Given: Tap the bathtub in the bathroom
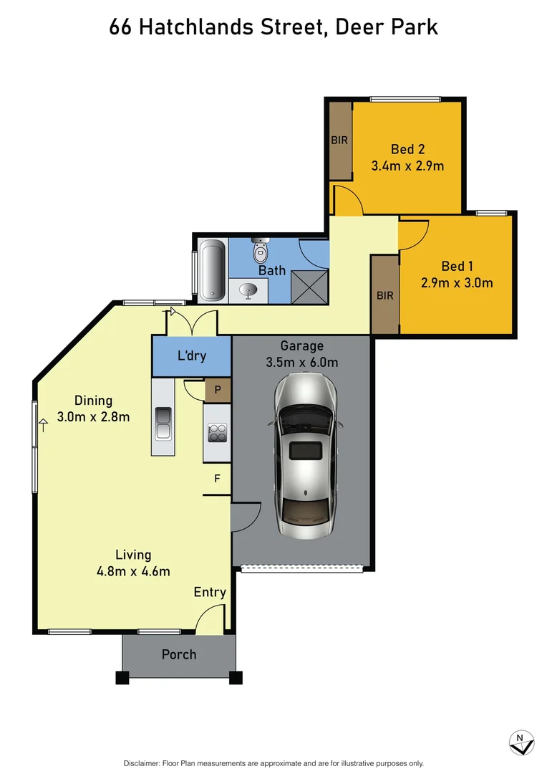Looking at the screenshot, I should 211,269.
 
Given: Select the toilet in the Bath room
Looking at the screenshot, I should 260,252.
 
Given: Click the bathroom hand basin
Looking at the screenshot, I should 248,290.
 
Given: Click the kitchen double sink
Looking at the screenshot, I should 163,424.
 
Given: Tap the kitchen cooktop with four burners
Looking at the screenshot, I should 217,433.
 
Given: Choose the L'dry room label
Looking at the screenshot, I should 191,355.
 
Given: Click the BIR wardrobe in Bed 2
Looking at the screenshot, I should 339,140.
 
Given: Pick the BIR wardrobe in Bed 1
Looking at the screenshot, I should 384,295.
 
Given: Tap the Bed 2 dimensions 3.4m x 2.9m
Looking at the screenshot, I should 407,166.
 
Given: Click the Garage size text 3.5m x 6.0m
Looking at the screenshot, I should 301,363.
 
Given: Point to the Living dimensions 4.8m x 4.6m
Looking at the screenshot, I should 134,571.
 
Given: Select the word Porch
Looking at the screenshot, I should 179,654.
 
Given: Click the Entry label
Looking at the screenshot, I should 210,592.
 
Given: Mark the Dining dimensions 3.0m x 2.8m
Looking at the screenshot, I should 94,416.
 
